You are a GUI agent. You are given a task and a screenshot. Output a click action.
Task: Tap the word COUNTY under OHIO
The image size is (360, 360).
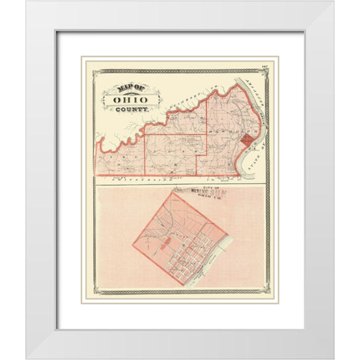tap(131, 109)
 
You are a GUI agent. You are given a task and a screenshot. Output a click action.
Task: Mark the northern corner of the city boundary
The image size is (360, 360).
tap(173, 192)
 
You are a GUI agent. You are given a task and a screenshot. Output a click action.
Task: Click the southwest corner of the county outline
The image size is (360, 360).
tap(96, 175)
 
